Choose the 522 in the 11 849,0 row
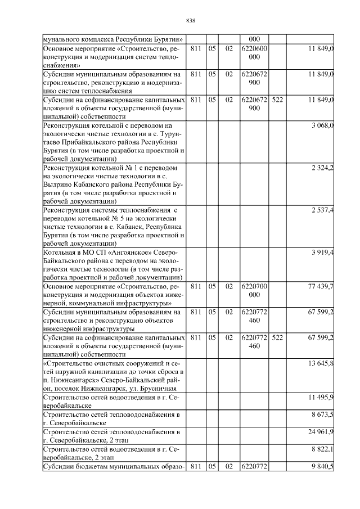[277, 100]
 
